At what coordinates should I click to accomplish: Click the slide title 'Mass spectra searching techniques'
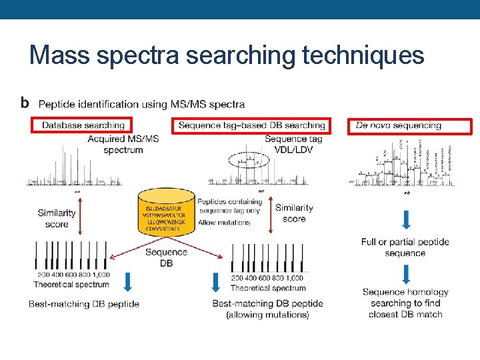tap(227, 55)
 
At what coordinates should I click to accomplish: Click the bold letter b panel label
tap(25, 103)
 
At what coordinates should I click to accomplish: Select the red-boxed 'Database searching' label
tap(83, 125)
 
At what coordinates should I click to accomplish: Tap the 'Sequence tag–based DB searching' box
tap(251, 125)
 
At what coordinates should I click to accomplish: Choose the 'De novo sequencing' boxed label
tap(409, 125)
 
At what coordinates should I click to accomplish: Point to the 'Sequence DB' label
tap(166, 257)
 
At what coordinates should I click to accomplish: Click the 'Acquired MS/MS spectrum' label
tap(123, 144)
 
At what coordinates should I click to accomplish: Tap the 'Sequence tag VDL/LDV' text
tap(293, 144)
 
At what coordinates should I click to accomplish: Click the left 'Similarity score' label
tap(57, 219)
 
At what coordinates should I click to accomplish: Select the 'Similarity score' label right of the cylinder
tap(294, 213)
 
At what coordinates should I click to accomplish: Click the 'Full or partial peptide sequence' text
tap(405, 247)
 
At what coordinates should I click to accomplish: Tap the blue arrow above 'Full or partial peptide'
tap(405, 219)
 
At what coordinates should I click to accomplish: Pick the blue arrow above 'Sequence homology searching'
tap(405, 273)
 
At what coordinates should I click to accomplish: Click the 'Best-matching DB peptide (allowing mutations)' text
tap(267, 309)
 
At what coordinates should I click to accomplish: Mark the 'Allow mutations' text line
tap(224, 222)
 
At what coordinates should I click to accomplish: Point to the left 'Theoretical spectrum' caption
tap(71, 285)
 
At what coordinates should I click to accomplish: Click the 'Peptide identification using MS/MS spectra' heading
tap(141, 104)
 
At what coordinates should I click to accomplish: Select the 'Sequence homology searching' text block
tap(405, 303)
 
